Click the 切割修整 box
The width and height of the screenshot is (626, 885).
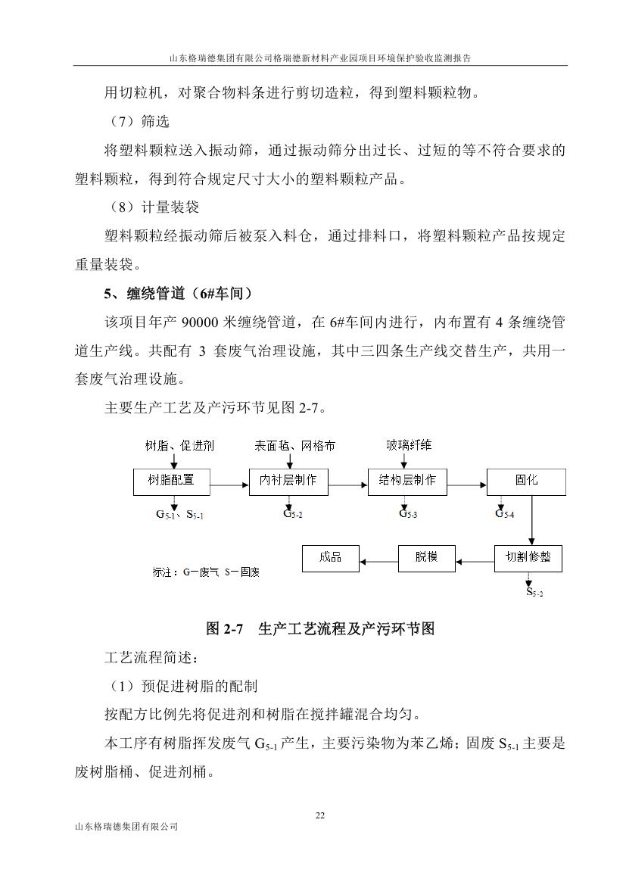click(528, 559)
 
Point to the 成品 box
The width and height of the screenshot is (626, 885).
click(331, 559)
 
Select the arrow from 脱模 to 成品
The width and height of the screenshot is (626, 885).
click(378, 561)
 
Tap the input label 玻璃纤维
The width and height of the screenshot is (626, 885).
click(409, 446)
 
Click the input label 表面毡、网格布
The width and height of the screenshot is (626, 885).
click(294, 446)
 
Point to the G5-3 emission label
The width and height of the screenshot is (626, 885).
click(408, 514)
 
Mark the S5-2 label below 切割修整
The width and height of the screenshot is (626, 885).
click(534, 592)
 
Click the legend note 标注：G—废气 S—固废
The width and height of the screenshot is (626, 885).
click(205, 573)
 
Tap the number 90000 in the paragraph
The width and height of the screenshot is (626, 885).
click(201, 322)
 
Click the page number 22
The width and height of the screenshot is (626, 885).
click(319, 815)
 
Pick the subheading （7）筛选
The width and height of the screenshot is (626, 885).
click(136, 122)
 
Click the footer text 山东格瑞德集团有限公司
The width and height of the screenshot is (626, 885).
click(123, 827)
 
